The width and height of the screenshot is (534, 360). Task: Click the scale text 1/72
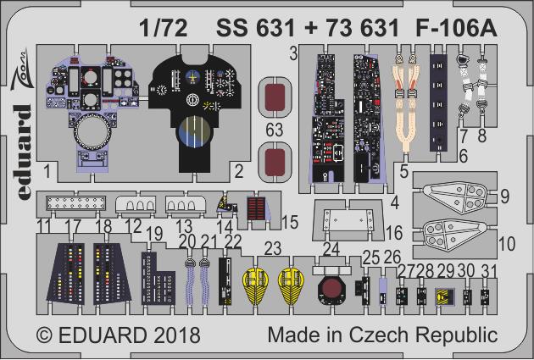(163, 28)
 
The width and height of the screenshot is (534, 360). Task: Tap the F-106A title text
(456, 28)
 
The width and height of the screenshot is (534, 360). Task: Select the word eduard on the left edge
(24, 152)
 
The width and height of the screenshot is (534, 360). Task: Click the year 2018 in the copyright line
(176, 335)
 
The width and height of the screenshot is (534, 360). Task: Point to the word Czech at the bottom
(378, 335)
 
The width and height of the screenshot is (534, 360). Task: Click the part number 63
(274, 130)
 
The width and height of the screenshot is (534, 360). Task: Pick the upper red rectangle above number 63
(275, 97)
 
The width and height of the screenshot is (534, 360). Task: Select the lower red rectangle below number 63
(275, 162)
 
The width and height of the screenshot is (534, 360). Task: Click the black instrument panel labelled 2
(195, 113)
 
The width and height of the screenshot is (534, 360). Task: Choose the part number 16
(394, 233)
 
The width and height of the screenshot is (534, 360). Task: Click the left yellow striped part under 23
(255, 285)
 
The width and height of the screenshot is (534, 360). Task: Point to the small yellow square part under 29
(445, 296)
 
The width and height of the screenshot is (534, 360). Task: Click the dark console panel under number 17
(66, 273)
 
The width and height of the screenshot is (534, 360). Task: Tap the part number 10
(507, 244)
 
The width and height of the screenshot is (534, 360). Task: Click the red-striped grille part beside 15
(257, 208)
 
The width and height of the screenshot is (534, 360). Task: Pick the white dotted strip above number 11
(76, 203)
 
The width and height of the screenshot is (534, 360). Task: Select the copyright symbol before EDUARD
(45, 335)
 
